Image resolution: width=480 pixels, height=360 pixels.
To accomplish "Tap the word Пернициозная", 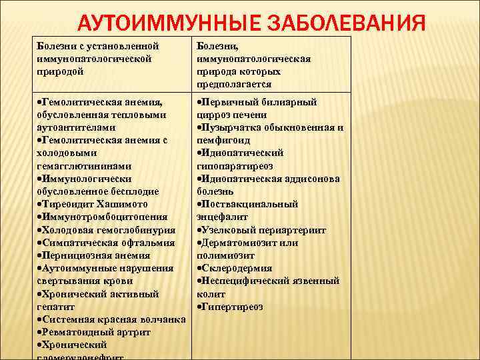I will click(73, 255).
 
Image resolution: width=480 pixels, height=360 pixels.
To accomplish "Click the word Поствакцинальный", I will click(250, 204).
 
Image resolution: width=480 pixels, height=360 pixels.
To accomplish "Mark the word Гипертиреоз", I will click(233, 306).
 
